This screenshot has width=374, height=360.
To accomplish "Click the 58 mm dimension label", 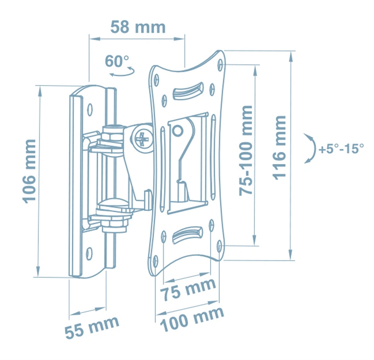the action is (x=138, y=27).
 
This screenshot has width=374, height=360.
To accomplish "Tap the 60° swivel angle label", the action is (x=117, y=61).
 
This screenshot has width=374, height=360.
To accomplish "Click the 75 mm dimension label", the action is (x=188, y=290).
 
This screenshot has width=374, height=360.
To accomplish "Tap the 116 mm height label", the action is (x=279, y=148).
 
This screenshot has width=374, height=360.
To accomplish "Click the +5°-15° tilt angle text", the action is (x=341, y=149).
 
